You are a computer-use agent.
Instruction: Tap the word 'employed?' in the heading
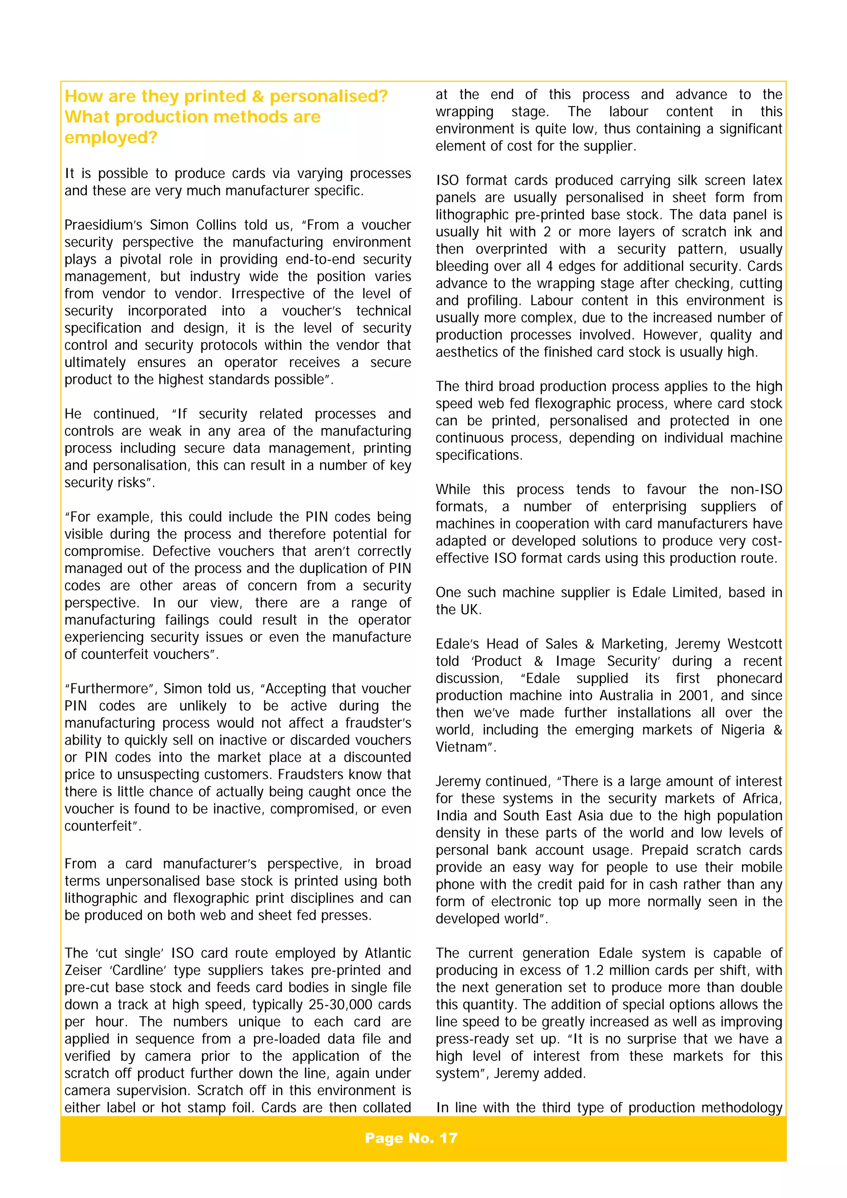(x=111, y=138)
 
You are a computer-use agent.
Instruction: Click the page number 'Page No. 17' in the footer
(x=411, y=1138)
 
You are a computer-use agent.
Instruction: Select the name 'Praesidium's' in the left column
(x=103, y=225)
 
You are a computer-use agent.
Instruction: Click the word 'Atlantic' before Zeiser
(x=388, y=953)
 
